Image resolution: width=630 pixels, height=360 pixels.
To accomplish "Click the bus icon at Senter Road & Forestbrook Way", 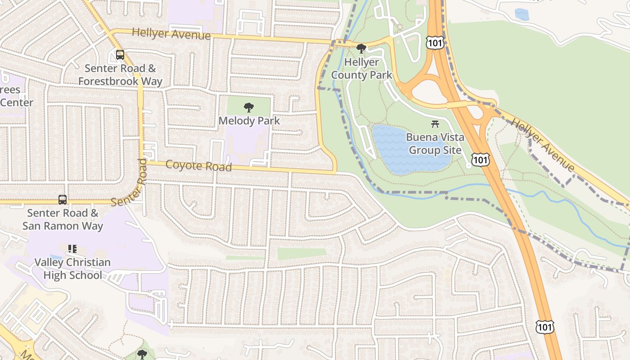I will coord(120,55).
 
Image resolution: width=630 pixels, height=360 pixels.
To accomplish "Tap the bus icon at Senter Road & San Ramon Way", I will coord(63,199).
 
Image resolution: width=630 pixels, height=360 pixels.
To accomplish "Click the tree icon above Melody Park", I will coord(248,108).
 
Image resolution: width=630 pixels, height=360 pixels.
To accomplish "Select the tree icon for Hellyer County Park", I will coord(361,49).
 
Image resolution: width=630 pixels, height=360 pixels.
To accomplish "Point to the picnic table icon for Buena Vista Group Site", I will coord(435,124).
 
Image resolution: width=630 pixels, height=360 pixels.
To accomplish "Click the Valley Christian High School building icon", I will coord(72,249).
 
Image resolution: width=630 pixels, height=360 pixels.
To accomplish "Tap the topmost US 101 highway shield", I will coord(435,43).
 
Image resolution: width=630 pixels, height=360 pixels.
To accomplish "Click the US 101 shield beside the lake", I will coord(480,159).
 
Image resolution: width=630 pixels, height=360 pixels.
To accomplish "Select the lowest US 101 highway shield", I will coord(544,327).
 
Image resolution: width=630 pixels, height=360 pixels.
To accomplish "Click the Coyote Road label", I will coord(198,166).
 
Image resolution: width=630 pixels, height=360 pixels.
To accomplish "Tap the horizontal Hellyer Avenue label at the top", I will coord(171,34).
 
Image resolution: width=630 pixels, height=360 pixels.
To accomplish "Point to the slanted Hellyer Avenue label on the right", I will coord(543,145).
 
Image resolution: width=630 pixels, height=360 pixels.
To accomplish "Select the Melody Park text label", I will coord(249,121).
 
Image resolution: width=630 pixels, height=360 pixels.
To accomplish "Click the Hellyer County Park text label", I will coord(362,68).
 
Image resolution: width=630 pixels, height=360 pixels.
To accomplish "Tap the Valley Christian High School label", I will coord(72,269).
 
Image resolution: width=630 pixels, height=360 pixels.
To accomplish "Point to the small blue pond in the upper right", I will coord(522,14).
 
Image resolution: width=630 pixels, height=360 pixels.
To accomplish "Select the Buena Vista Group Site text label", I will coord(435,144).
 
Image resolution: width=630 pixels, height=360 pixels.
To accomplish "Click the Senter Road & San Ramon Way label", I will coord(63,219).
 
